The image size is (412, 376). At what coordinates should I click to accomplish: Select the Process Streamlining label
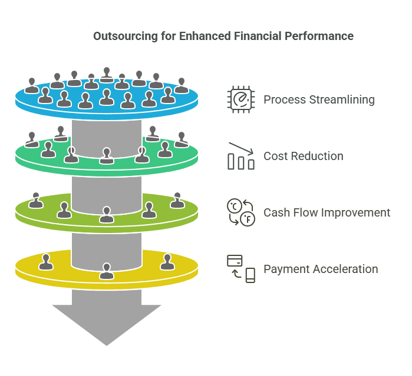point(319,99)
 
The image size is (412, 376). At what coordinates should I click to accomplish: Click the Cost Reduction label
point(303,156)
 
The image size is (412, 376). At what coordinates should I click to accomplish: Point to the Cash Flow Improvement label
point(327,212)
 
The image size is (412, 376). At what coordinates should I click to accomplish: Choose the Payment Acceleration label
point(321,269)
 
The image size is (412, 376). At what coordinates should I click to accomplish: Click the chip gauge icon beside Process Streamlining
point(240,99)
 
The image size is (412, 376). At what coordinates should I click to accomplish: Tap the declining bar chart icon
point(240,156)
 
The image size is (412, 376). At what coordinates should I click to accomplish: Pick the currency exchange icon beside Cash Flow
point(240,212)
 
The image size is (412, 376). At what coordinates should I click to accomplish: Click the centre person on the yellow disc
point(107,271)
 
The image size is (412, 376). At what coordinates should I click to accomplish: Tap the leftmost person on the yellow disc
point(46,262)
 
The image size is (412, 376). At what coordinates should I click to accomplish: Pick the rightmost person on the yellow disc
point(167,262)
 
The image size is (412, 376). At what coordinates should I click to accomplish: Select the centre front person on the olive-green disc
point(107,215)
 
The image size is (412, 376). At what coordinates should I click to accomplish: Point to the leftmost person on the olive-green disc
point(37,201)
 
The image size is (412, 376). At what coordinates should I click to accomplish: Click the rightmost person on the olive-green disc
point(177,201)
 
